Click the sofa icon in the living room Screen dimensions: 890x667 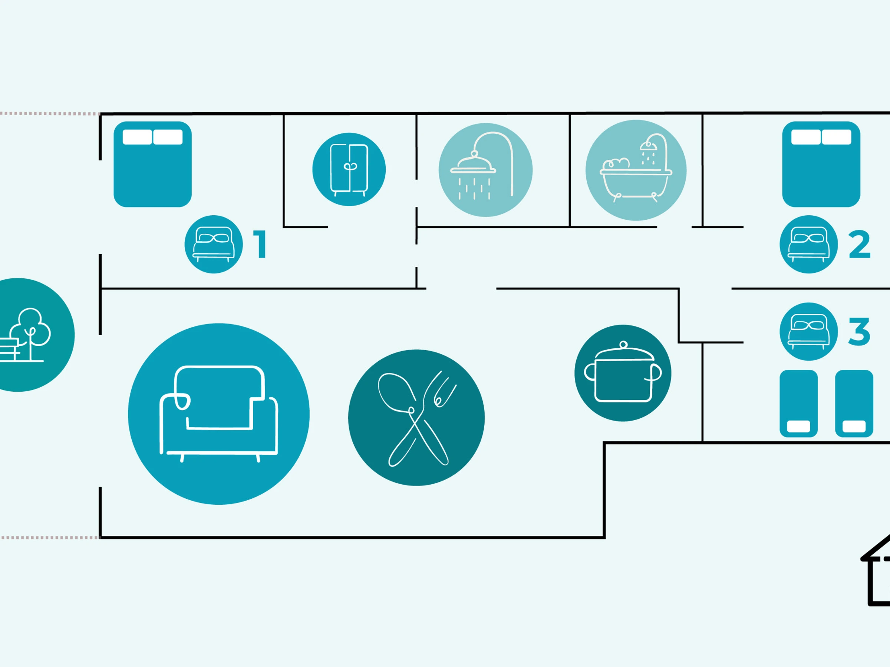pyautogui.click(x=218, y=414)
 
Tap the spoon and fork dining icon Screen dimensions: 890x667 pyautogui.click(x=416, y=417)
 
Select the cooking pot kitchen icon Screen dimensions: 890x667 pyautogui.click(x=623, y=373)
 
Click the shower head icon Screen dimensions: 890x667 pyautogui.click(x=486, y=170)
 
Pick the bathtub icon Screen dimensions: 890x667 pyautogui.click(x=636, y=170)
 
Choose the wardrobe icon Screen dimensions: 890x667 pyautogui.click(x=349, y=169)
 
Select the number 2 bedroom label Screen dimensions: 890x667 pyautogui.click(x=860, y=244)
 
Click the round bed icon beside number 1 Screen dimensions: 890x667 pyautogui.click(x=214, y=245)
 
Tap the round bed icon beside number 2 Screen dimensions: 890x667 pyautogui.click(x=809, y=245)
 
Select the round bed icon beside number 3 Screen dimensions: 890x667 pyautogui.click(x=809, y=332)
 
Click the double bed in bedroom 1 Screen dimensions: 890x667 pyautogui.click(x=152, y=164)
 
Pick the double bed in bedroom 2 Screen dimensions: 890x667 pyautogui.click(x=821, y=164)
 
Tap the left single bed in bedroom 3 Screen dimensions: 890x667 pyautogui.click(x=799, y=404)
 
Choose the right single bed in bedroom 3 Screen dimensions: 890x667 pyautogui.click(x=854, y=404)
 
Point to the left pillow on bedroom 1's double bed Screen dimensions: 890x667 pyautogui.click(x=137, y=137)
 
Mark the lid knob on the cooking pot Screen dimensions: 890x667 pyautogui.click(x=623, y=345)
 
